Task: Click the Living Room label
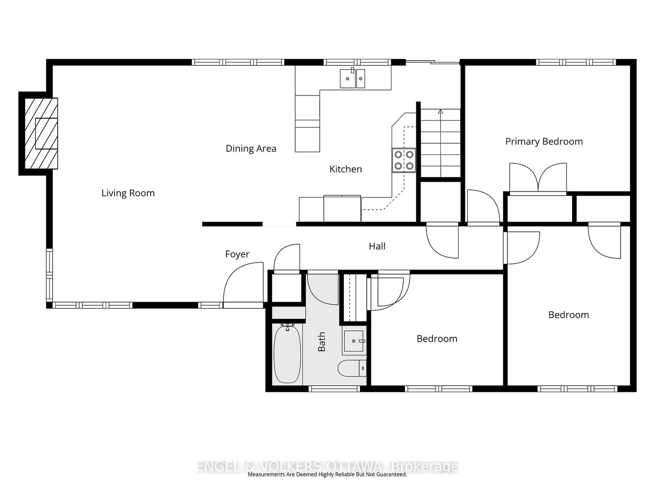pos(128,193)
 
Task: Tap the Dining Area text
pos(251,149)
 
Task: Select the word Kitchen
pos(346,169)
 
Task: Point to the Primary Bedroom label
pos(544,142)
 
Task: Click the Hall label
pos(377,246)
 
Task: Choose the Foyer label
pos(237,254)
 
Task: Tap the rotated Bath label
pos(321,342)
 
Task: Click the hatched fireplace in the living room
pos(41,133)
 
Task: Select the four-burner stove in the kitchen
pos(404,160)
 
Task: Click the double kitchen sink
pos(352,78)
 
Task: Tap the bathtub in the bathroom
pos(287,354)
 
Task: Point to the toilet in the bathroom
pos(352,368)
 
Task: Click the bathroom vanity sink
pos(354,341)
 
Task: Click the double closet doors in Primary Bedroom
pos(538,178)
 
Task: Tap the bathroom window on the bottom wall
pos(334,389)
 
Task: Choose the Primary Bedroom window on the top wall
pos(576,62)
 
